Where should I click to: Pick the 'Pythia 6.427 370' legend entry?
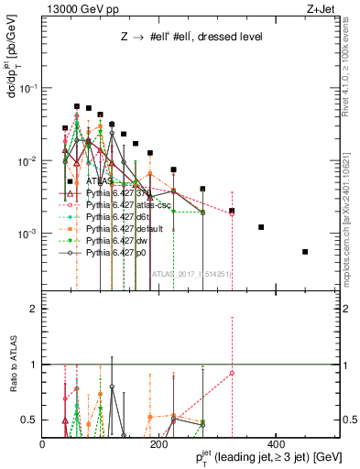click(x=120, y=193)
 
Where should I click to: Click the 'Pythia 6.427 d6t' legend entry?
click(x=119, y=216)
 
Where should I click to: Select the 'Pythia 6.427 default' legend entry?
click(x=125, y=227)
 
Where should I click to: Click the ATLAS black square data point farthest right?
click(x=305, y=252)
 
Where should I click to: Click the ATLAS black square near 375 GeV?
click(x=261, y=227)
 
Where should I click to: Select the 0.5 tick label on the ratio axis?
click(x=30, y=420)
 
